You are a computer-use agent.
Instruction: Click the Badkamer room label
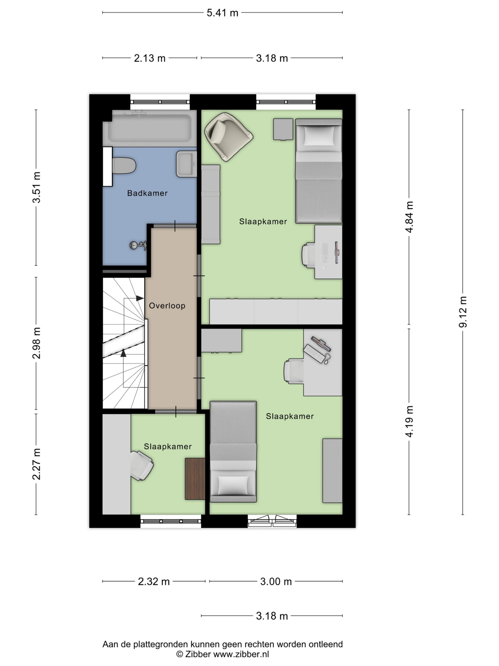coord(147,193)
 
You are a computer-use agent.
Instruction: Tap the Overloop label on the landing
coord(167,306)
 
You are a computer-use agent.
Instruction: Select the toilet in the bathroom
coord(124,166)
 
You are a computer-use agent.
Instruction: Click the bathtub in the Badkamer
coord(150,128)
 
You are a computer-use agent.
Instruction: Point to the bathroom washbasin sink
coord(186,164)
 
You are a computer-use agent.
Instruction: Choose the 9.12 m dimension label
coord(463,312)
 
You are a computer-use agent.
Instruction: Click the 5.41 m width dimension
coord(222,13)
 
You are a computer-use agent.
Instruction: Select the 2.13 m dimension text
coord(149,58)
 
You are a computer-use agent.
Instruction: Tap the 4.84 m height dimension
coord(409,217)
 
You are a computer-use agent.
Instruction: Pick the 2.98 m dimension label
coord(36,343)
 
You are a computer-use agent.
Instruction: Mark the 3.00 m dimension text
coord(276,581)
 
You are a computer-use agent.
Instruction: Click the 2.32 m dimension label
coord(154,581)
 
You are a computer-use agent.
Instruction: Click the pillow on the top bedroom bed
coord(319,136)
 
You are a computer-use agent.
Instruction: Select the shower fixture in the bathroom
coord(138,245)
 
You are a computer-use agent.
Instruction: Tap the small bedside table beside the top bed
coord(283,129)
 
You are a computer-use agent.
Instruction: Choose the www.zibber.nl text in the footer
coord(241,654)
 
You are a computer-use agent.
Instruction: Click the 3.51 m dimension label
coord(36,187)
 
